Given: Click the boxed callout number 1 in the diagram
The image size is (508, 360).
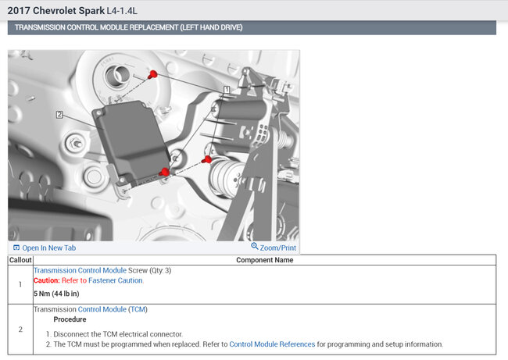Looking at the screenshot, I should coord(226,90).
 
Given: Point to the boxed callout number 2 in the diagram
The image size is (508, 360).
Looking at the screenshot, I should coord(59,115).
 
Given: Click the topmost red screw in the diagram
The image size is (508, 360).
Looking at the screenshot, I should coord(153,74).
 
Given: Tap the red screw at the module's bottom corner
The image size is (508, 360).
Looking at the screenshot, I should coord(164,173).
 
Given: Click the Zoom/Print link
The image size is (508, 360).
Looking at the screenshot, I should coord(273,248).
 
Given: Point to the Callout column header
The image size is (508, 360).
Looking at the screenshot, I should coord(20,260).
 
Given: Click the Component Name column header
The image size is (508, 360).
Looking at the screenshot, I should coord(264,260).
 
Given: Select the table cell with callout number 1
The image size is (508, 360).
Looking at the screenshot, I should coord(20,284).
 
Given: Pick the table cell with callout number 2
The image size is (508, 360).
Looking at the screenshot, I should coord(20,329).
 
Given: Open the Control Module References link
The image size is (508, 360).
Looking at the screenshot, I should coord(272,344).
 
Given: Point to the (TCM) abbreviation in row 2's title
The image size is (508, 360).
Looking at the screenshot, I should coord(138,309).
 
